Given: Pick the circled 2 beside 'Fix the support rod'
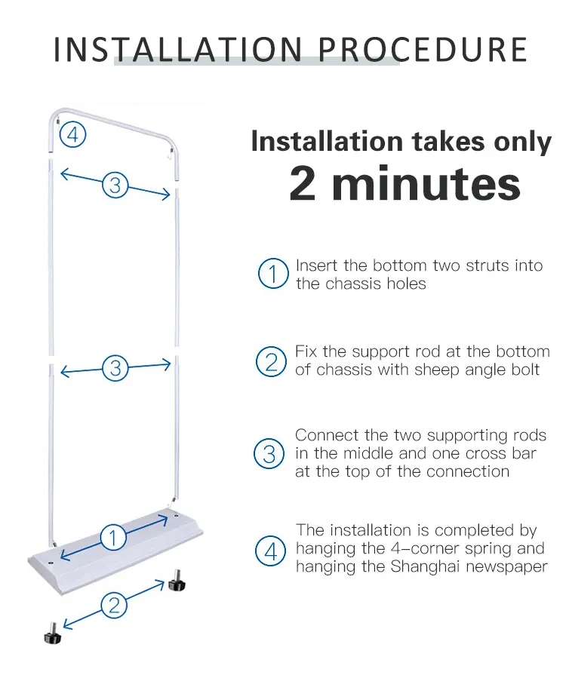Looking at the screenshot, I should [x=272, y=361].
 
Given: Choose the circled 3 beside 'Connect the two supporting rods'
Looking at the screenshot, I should [x=269, y=454].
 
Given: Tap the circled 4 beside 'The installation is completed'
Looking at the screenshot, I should [x=271, y=550].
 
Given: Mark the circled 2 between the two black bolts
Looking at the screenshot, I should [x=114, y=603].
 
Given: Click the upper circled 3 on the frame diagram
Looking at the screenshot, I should [x=115, y=184].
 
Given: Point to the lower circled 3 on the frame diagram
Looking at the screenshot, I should [x=115, y=368].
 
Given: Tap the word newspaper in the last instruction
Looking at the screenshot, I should [x=509, y=567].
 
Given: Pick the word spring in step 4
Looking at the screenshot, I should [x=486, y=549].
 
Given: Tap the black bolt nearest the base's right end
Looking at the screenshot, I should [x=177, y=581].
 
